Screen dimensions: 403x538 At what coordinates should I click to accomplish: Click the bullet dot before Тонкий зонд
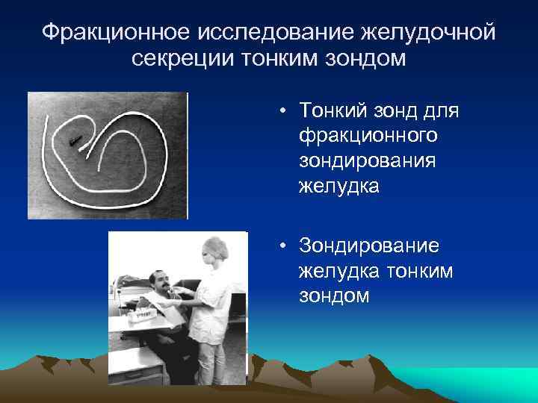click(285, 112)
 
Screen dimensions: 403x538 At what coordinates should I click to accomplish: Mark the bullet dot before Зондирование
click(285, 247)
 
